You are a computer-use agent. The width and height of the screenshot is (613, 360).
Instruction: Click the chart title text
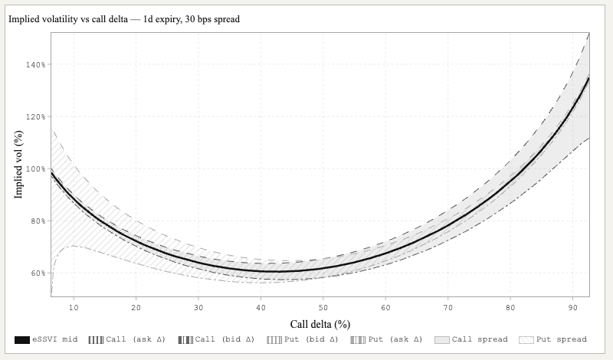pyautogui.click(x=124, y=19)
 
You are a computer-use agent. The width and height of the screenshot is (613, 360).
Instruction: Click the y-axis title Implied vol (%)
pyautogui.click(x=19, y=165)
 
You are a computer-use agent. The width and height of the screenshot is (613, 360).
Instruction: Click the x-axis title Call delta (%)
pyautogui.click(x=320, y=324)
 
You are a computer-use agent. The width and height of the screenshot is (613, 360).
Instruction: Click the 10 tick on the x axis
pyautogui.click(x=74, y=307)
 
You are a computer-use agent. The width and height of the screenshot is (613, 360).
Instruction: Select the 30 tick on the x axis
pyautogui.click(x=198, y=307)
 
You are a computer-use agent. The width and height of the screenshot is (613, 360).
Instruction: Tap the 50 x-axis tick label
pyautogui.click(x=323, y=307)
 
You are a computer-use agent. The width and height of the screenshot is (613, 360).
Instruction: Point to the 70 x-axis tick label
pyautogui.click(x=448, y=307)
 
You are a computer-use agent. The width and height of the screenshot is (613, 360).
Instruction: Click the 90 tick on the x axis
pyautogui.click(x=573, y=307)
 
